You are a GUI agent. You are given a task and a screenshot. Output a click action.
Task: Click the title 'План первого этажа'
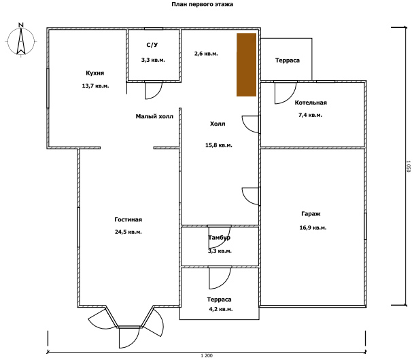pos(203,4)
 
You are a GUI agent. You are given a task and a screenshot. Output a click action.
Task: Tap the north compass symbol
pos(21,40)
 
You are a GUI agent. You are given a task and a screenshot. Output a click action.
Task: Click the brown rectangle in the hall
pos(246,65)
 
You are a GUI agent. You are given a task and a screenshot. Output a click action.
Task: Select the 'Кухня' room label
pos(95,73)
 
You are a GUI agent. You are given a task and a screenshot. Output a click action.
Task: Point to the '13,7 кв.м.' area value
pos(95,86)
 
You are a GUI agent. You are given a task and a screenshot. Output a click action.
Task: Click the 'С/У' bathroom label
pos(152,45)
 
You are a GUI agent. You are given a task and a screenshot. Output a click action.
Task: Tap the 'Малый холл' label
pos(154,116)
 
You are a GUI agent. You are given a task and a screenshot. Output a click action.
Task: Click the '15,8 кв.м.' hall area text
pos(219,145)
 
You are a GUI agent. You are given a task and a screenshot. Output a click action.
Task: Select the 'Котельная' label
pos(311,103)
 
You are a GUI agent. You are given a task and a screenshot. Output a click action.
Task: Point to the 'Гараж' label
pos(311,214)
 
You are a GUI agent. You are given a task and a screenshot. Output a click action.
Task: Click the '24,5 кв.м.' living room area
pos(128,232)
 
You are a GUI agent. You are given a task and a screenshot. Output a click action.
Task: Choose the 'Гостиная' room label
pos(128,219)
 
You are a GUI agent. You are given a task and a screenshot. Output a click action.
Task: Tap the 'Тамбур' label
pos(220,238)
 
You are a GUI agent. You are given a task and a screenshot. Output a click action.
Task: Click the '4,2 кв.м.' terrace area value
pos(221,309)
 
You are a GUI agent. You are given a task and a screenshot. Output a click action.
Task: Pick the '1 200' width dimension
pos(207,355)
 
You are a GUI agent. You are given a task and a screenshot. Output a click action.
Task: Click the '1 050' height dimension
pos(409,166)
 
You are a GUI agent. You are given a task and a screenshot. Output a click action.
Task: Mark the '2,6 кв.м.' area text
pos(206,54)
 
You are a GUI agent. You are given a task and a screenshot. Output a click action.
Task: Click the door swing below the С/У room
pos(154,90)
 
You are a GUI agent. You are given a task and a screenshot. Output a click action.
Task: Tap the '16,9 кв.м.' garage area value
pos(313,228)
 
